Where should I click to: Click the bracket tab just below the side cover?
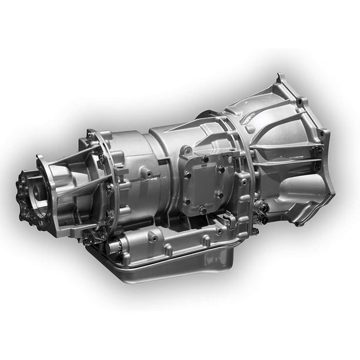click(x=226, y=221)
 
